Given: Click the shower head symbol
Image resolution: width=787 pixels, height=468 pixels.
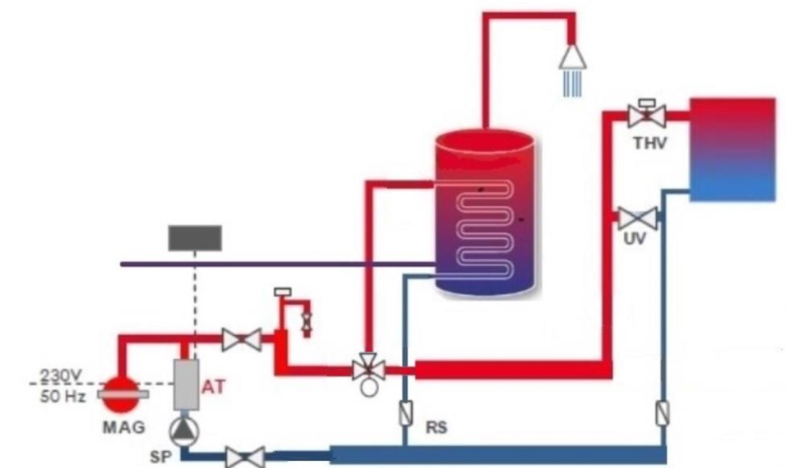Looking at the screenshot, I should point(573,57).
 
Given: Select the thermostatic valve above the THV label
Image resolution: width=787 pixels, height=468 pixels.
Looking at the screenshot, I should point(646,116).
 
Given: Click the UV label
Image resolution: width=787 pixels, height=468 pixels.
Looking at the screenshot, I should point(635,240).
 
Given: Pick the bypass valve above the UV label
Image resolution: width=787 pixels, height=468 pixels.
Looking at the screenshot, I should point(638,218).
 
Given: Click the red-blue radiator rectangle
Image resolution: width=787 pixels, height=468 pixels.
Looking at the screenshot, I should point(732,149).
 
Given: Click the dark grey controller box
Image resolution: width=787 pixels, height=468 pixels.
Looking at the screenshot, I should point(195,238).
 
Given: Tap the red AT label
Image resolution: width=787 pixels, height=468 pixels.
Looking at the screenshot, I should point(214,387).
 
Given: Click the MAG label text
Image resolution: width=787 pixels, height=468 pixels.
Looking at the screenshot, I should point(118,427).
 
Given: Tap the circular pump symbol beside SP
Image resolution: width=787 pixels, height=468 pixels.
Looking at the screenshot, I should point(184,433).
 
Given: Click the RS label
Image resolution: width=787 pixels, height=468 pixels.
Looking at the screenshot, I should point(437,427).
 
